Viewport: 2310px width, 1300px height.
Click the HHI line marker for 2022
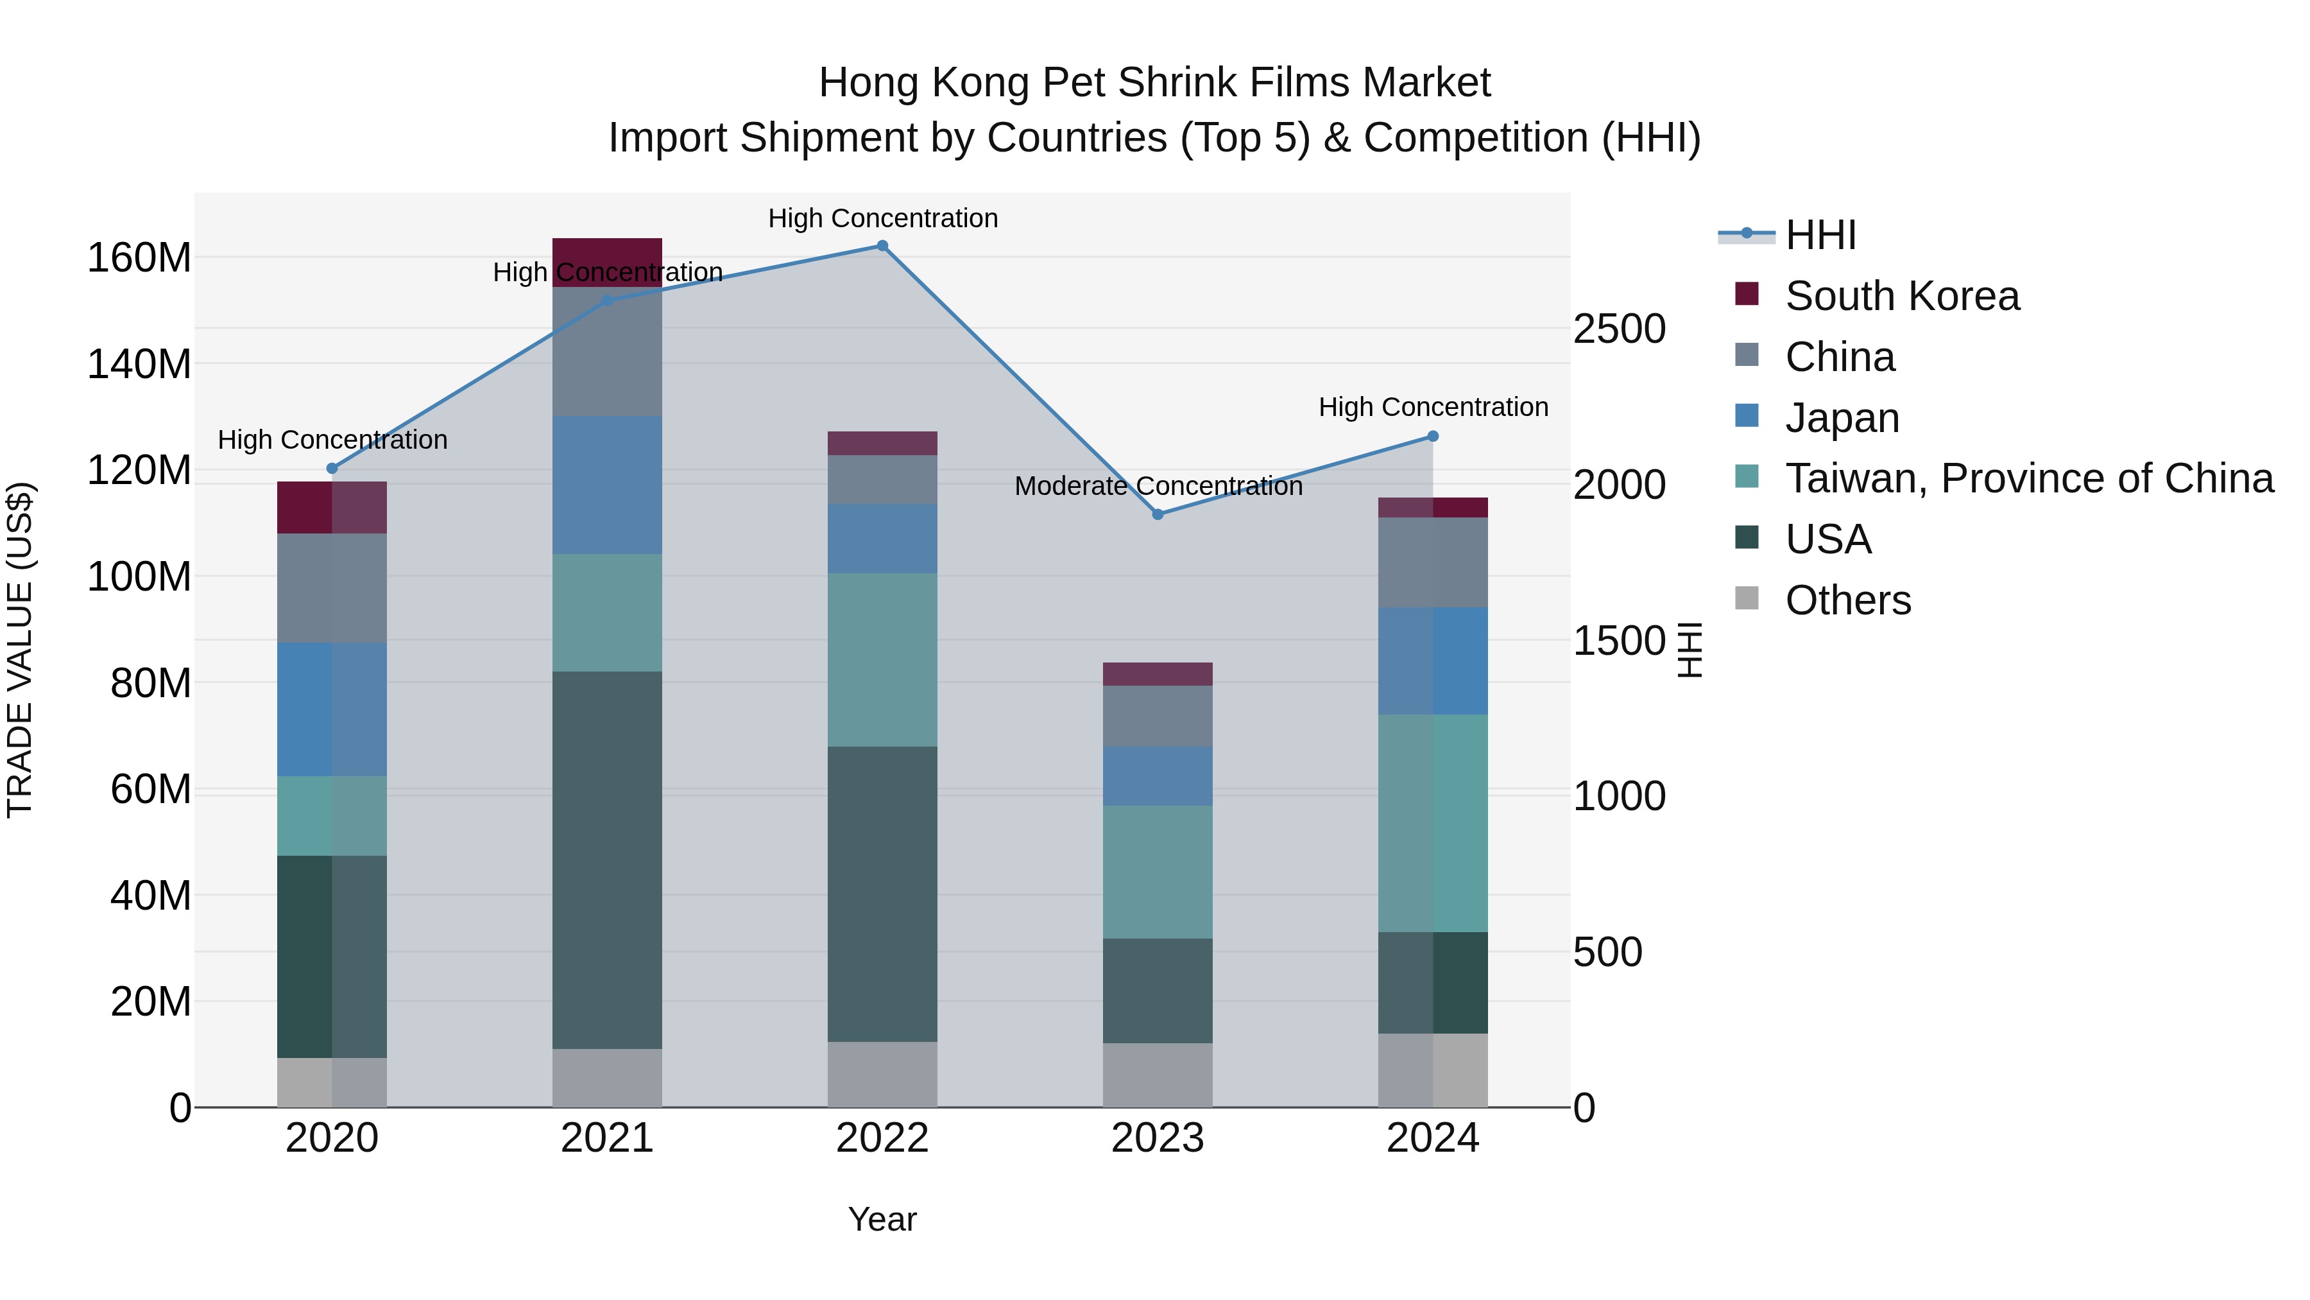click(x=882, y=246)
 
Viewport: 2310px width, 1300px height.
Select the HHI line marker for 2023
click(x=1157, y=514)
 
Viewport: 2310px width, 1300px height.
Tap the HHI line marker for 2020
click(x=332, y=469)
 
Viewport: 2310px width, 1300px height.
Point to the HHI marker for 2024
click(x=1432, y=436)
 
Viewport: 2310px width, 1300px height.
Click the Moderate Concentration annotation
click(x=1158, y=486)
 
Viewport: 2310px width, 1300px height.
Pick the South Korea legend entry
click(x=1901, y=296)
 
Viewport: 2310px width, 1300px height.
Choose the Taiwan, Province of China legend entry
click(x=2028, y=478)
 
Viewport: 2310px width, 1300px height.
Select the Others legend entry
click(x=1847, y=600)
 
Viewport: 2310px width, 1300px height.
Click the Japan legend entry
click(x=1841, y=418)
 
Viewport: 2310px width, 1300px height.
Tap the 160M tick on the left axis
click(x=139, y=258)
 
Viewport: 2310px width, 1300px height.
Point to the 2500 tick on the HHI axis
click(x=1619, y=329)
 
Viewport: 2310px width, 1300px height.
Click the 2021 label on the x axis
click(x=607, y=1138)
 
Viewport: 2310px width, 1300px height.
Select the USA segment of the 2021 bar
click(x=607, y=860)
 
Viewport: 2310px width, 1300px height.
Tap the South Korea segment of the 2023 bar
click(x=1157, y=674)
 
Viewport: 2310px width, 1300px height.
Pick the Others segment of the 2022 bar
click(x=882, y=1074)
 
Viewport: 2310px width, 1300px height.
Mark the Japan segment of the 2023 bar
click(x=1157, y=776)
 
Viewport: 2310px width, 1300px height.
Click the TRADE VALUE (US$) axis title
click(x=20, y=650)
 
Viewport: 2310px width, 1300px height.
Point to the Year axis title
click(x=882, y=1219)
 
